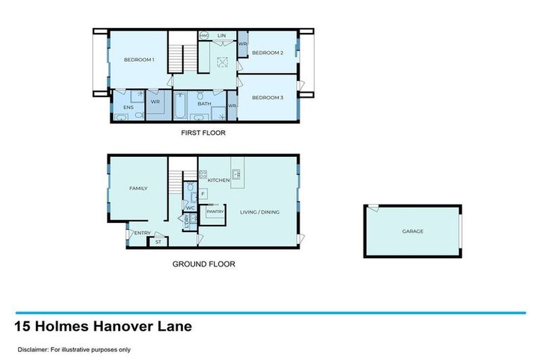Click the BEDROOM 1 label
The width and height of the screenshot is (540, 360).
pyautogui.click(x=139, y=60)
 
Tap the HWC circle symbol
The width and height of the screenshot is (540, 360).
pyautogui.click(x=204, y=35)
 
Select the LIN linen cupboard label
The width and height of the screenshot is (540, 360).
pyautogui.click(x=221, y=34)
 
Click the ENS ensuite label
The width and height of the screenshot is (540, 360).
pyautogui.click(x=128, y=107)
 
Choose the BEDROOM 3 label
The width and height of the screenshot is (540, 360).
pyautogui.click(x=267, y=97)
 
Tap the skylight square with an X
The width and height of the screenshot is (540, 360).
pyautogui.click(x=223, y=60)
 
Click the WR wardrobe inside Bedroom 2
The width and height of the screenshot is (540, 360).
pyautogui.click(x=243, y=44)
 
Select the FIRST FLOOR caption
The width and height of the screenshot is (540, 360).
pyautogui.click(x=203, y=132)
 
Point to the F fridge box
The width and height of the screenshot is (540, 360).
pyautogui.click(x=203, y=193)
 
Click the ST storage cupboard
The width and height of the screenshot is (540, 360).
pyautogui.click(x=157, y=242)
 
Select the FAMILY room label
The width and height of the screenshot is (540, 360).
pyautogui.click(x=138, y=188)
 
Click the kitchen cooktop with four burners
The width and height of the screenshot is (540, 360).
pyautogui.click(x=202, y=174)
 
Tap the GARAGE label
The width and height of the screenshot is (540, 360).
pyautogui.click(x=413, y=231)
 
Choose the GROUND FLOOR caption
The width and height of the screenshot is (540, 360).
pyautogui.click(x=203, y=264)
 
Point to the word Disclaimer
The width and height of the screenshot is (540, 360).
pyautogui.click(x=33, y=349)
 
